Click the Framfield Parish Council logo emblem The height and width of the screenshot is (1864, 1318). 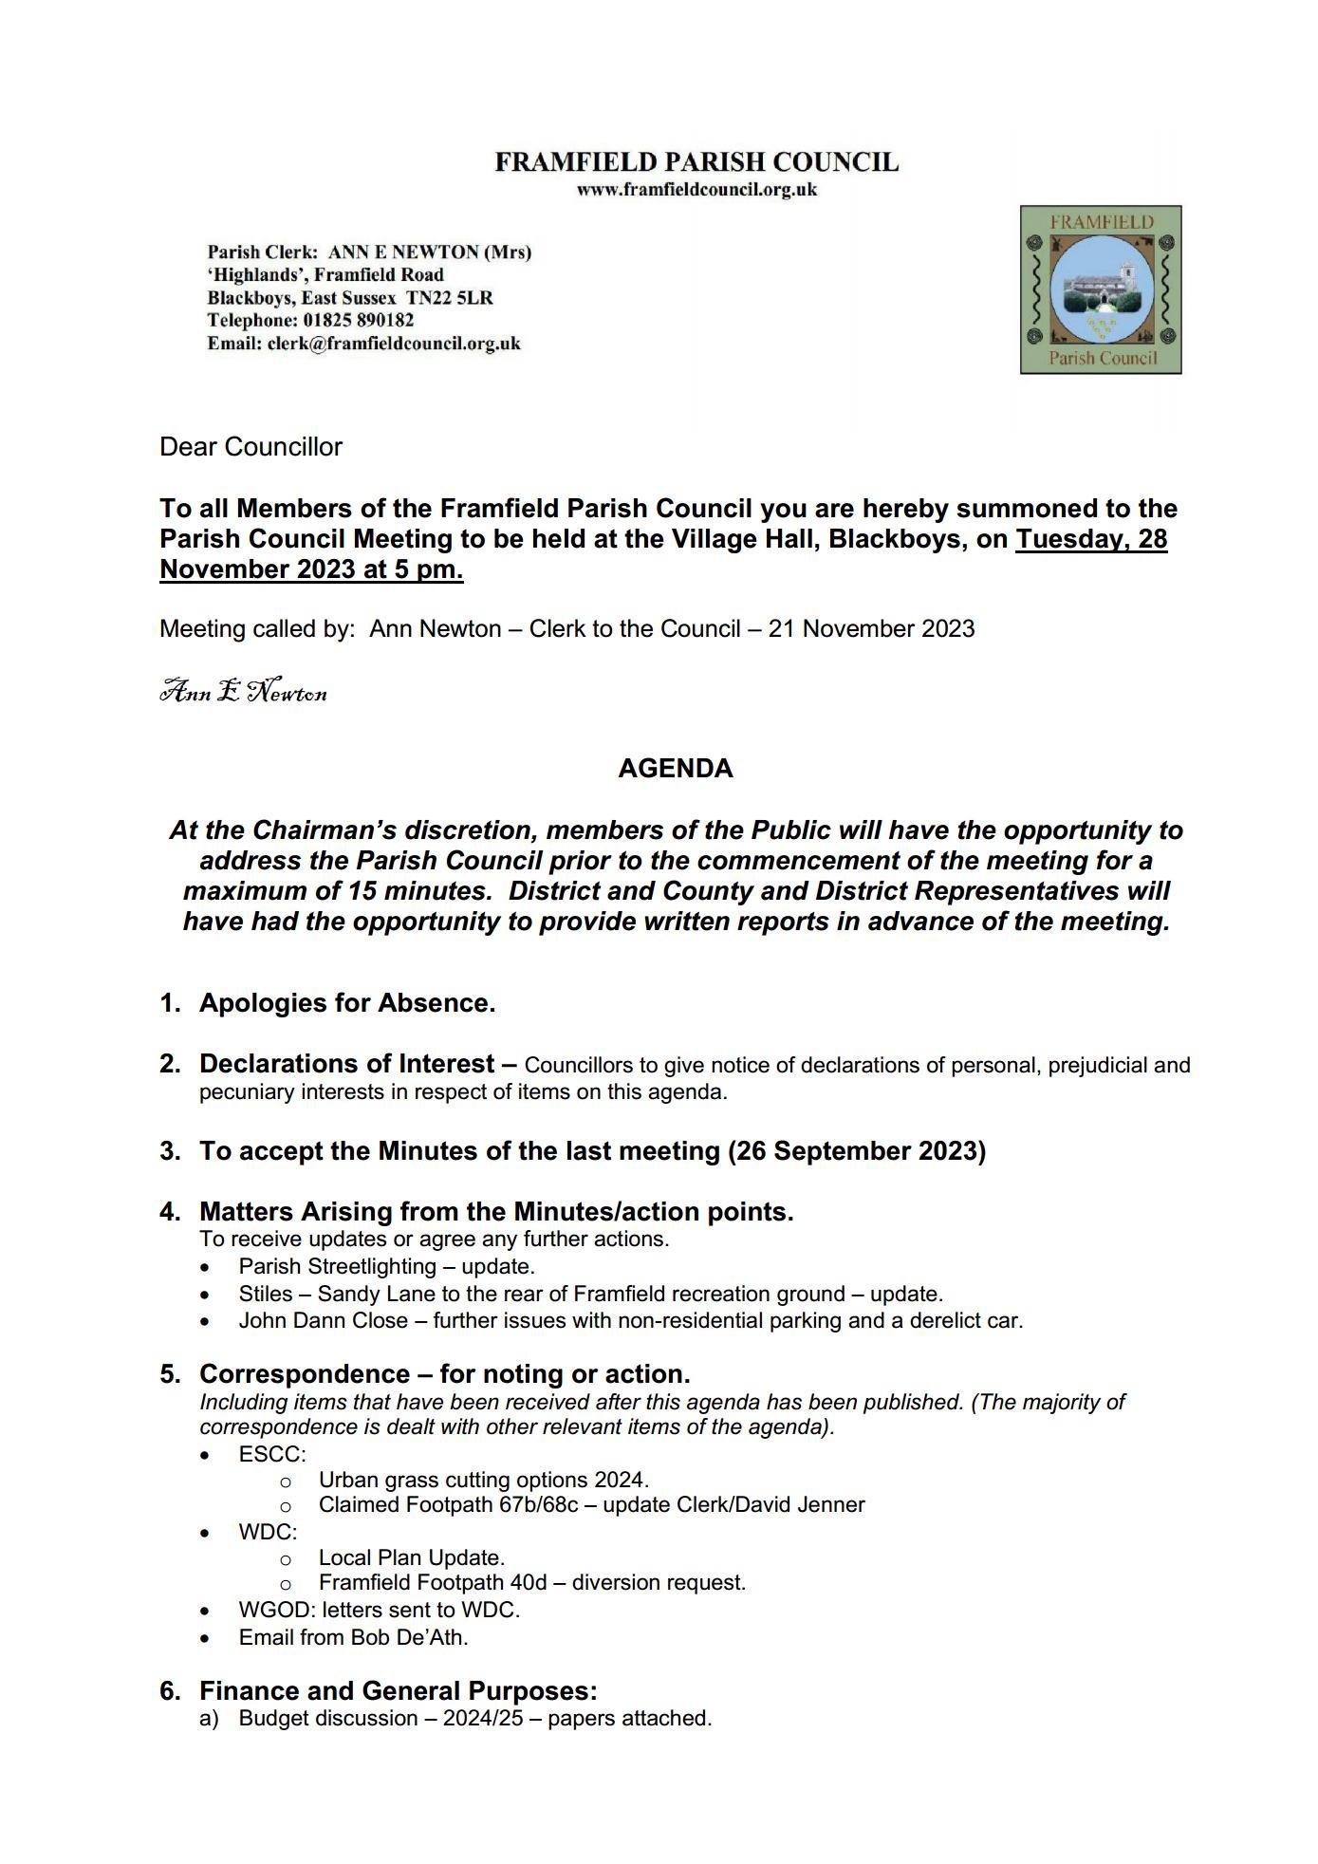coord(1100,289)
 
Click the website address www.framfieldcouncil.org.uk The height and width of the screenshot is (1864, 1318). coord(696,189)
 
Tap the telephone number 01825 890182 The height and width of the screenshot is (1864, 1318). coord(359,321)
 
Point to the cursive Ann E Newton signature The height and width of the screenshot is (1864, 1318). coord(243,691)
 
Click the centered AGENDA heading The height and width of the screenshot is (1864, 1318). coord(675,769)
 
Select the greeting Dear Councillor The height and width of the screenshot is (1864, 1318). coord(251,447)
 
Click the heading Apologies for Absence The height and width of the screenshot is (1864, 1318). coord(346,1003)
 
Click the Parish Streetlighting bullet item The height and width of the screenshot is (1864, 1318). coord(386,1267)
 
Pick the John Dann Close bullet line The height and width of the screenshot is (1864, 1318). coord(630,1321)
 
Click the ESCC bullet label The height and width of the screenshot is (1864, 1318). coord(272,1454)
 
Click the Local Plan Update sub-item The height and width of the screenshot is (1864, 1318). coord(411,1558)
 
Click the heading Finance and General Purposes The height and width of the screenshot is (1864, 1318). coord(398,1691)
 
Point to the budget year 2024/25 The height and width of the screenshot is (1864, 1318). coord(483,1719)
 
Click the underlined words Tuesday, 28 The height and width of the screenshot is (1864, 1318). coord(1091,539)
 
